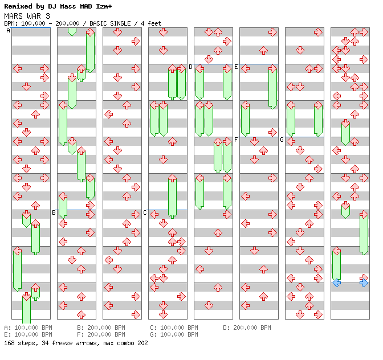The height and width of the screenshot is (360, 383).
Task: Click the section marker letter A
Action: pyautogui.click(x=8, y=31)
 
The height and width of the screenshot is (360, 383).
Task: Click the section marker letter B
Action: pyautogui.click(x=54, y=212)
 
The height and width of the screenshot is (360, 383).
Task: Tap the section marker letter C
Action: pyautogui.click(x=145, y=212)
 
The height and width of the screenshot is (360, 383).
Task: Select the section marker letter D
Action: pyautogui.click(x=190, y=67)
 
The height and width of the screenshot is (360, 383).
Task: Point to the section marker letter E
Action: pyautogui.click(x=236, y=67)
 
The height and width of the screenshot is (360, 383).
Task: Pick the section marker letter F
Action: pyautogui.click(x=236, y=140)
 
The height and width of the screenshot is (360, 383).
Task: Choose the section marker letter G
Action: pyautogui.click(x=282, y=140)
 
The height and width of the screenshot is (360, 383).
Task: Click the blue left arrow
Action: pyautogui.click(x=337, y=283)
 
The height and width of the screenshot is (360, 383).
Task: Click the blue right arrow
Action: pyautogui.click(x=364, y=283)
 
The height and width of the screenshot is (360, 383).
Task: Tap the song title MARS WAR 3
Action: pyautogui.click(x=27, y=16)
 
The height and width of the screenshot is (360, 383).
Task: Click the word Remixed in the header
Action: pyautogui.click(x=18, y=6)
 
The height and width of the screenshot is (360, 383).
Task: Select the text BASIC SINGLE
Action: pyautogui.click(x=110, y=23)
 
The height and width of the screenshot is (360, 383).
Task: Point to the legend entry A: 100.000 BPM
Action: pyautogui.click(x=28, y=328)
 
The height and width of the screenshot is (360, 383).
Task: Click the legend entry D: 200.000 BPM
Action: pyautogui.click(x=247, y=328)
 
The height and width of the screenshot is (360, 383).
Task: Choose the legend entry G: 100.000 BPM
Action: pyautogui.click(x=174, y=334)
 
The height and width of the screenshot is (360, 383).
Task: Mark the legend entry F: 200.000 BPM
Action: pyautogui.click(x=101, y=334)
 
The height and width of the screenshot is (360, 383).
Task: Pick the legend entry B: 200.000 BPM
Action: pyautogui.click(x=101, y=328)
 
